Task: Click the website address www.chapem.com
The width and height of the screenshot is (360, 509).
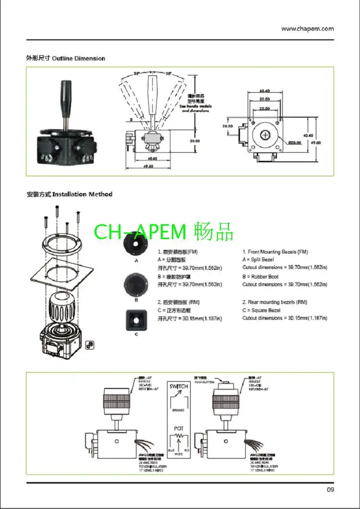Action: coord(307,28)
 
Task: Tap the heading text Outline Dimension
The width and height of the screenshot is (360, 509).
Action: coord(78,59)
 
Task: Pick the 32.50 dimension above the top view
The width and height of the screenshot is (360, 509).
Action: coord(264,99)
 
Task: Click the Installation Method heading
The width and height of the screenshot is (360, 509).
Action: coord(82,194)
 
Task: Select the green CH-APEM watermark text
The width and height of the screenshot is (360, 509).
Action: coord(163,231)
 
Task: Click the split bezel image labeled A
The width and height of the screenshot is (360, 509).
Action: coord(136,247)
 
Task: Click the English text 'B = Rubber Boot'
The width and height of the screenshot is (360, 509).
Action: coord(261,277)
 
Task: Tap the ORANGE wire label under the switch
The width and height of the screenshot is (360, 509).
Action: coord(178,410)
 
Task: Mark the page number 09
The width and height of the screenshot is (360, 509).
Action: coord(330,489)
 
